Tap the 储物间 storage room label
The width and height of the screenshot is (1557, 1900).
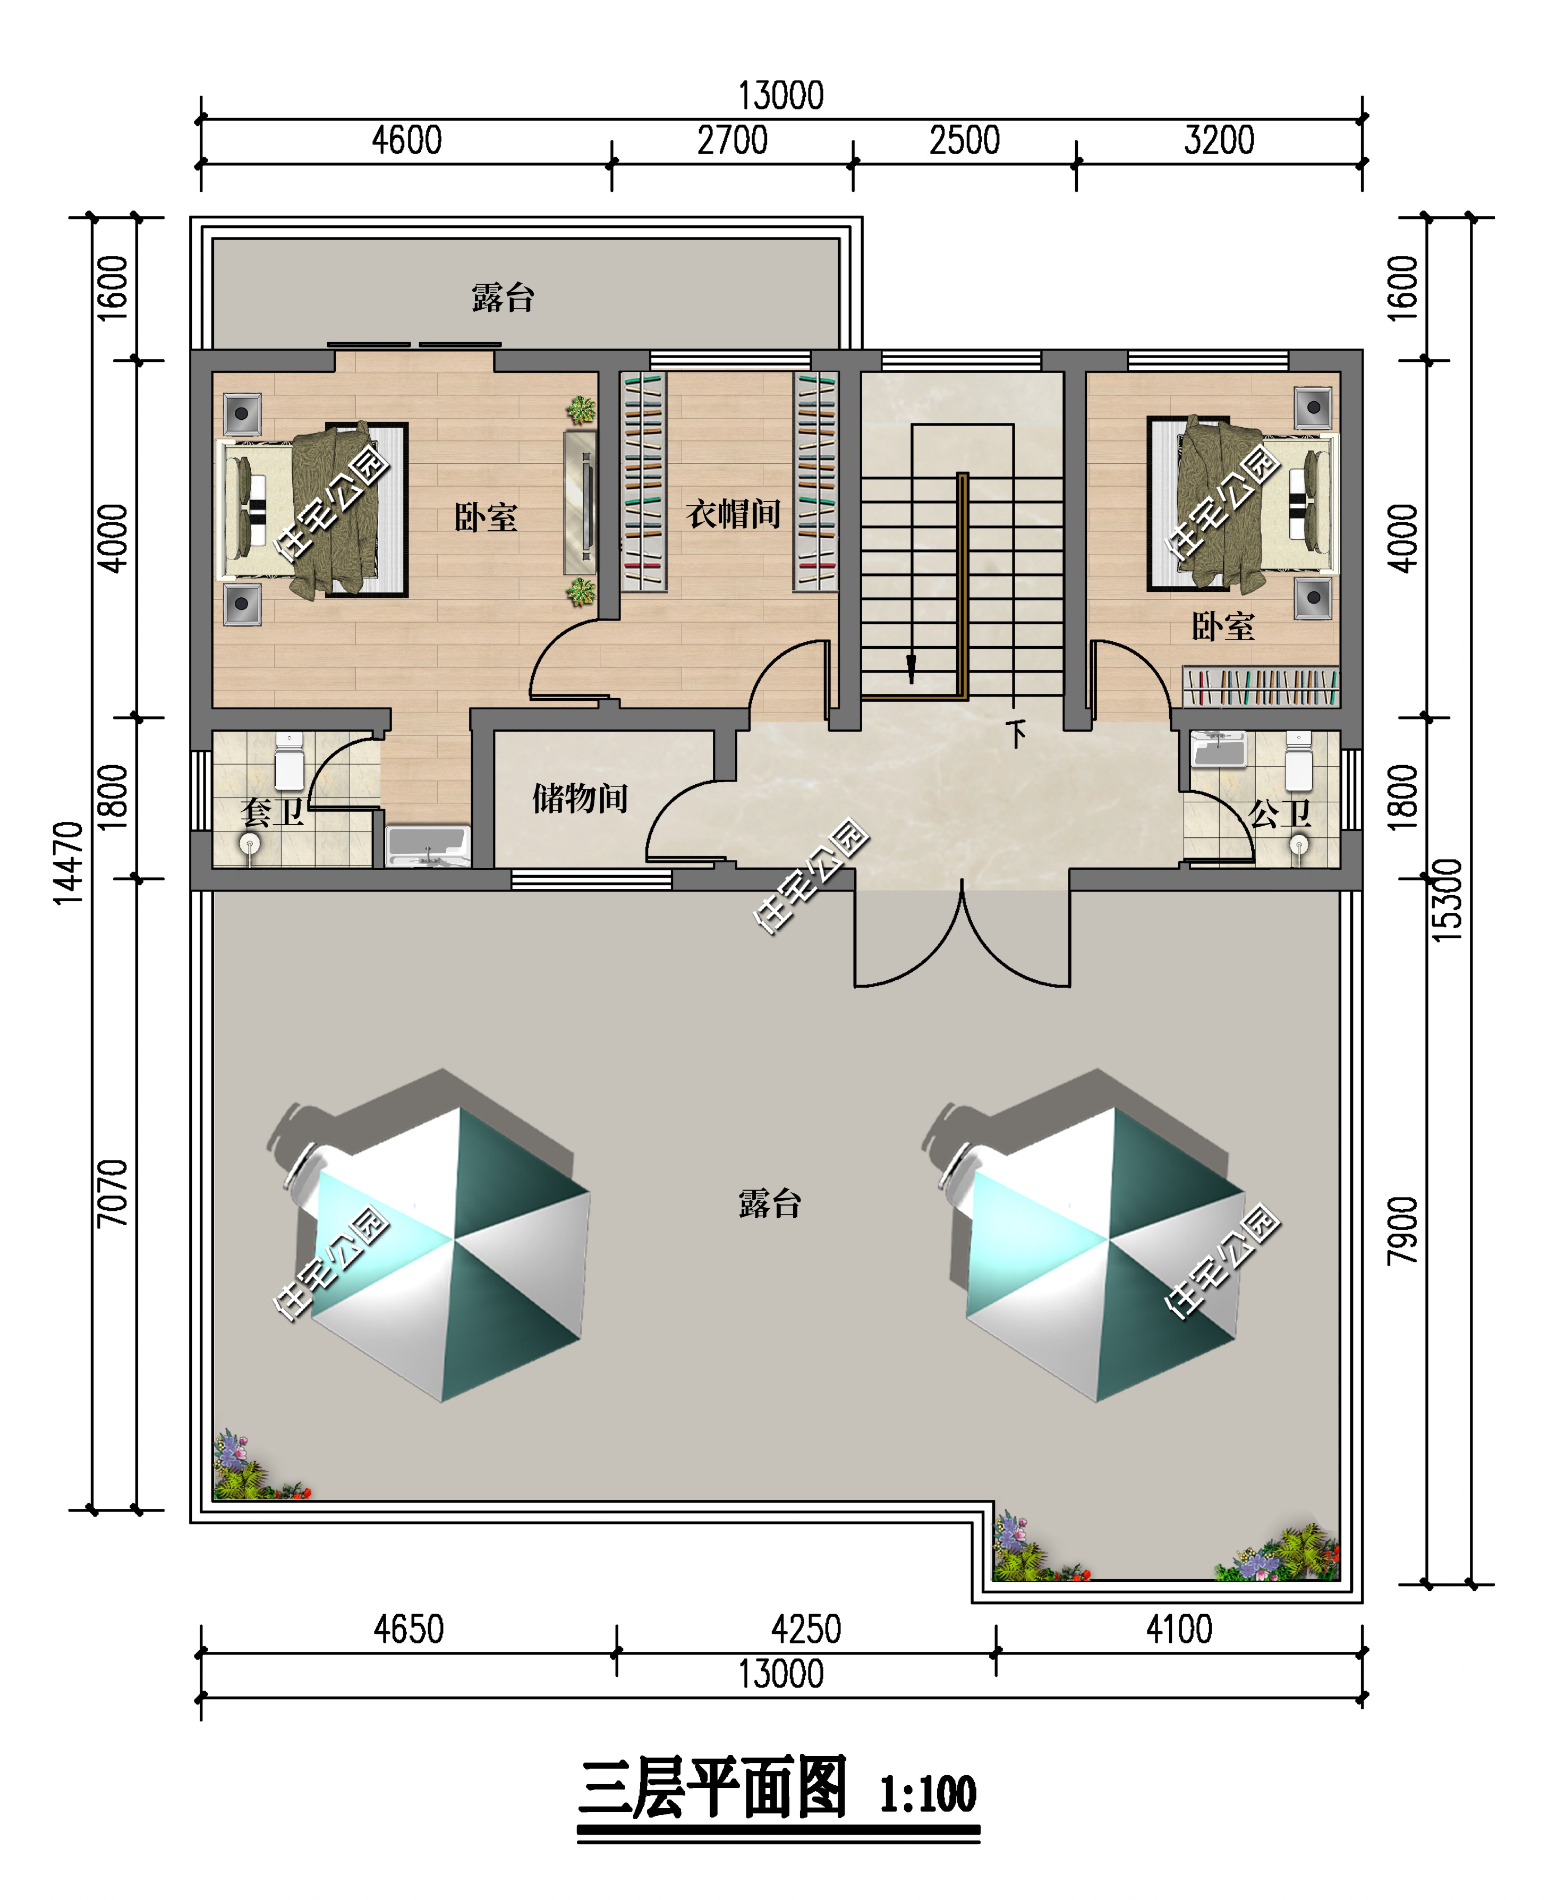(580, 798)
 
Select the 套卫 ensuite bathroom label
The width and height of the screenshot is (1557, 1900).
(272, 812)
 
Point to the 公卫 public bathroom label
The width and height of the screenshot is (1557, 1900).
(1280, 813)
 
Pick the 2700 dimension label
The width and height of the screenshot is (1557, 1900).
(732, 141)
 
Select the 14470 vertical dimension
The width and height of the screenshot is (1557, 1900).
(69, 863)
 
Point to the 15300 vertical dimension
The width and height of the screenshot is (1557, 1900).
(1447, 900)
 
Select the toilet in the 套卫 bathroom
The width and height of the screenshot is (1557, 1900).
(289, 761)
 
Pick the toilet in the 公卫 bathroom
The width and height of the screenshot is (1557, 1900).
(1299, 761)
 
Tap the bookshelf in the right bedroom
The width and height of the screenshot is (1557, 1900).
(1260, 686)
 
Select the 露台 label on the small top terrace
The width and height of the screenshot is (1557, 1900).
(503, 297)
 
